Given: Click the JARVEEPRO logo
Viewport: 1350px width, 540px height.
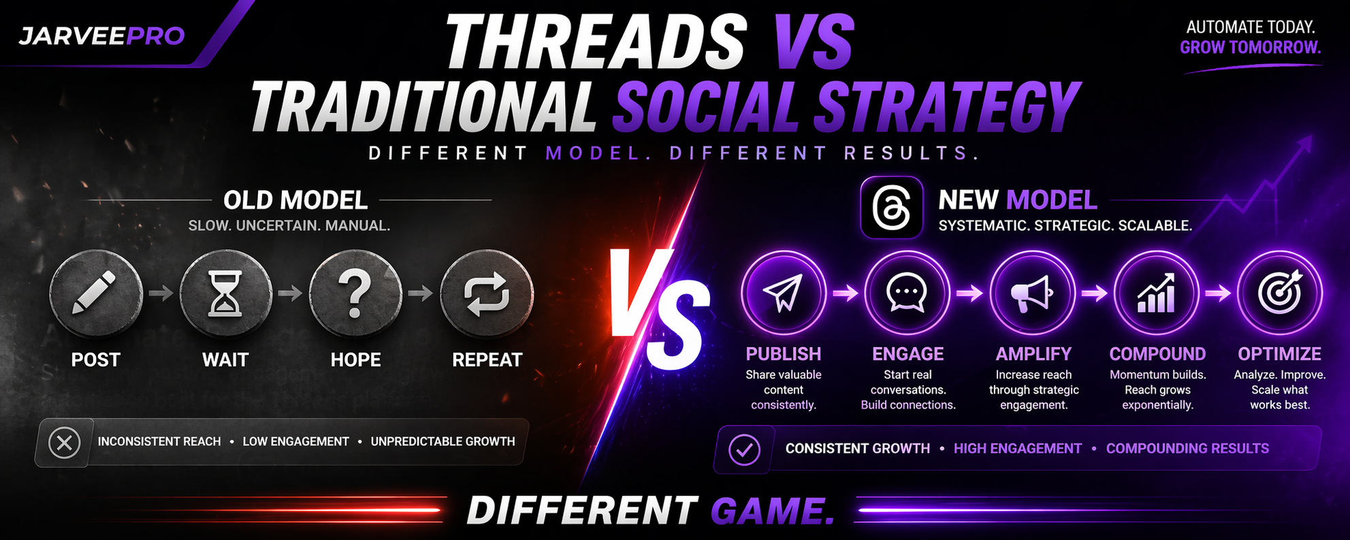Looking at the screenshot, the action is tap(101, 36).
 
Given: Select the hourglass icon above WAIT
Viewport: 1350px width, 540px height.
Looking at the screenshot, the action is tap(225, 294).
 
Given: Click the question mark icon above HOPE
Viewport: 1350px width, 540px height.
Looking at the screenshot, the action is tap(355, 293).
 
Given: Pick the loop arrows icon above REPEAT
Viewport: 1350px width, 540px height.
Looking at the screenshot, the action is tap(487, 294).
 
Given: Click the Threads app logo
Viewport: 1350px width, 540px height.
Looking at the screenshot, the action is tap(892, 208).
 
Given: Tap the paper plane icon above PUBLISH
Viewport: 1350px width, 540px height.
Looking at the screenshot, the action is tap(783, 292).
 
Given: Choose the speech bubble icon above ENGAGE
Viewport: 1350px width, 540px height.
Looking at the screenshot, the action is tap(907, 293).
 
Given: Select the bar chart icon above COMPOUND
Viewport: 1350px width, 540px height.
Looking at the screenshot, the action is tap(1156, 293).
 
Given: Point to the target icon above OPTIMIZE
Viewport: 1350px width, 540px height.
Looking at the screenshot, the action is tap(1280, 292).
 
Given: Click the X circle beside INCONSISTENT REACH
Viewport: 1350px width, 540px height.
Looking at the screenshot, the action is tap(65, 443).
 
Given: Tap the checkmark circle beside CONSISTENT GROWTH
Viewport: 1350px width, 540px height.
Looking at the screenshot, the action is tap(744, 450).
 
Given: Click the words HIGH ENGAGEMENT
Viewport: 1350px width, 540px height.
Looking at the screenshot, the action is tap(1017, 449).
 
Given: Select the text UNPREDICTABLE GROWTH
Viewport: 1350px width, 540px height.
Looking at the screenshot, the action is tap(443, 442).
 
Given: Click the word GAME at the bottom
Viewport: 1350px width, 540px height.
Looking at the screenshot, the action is tap(773, 511).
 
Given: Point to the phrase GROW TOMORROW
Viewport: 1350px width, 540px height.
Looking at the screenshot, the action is tap(1250, 48).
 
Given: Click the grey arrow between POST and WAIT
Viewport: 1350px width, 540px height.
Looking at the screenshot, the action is tap(161, 293).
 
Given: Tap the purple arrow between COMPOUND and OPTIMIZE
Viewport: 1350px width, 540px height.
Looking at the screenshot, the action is tap(1218, 293).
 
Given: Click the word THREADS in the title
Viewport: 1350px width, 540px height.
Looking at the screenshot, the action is tap(596, 42).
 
